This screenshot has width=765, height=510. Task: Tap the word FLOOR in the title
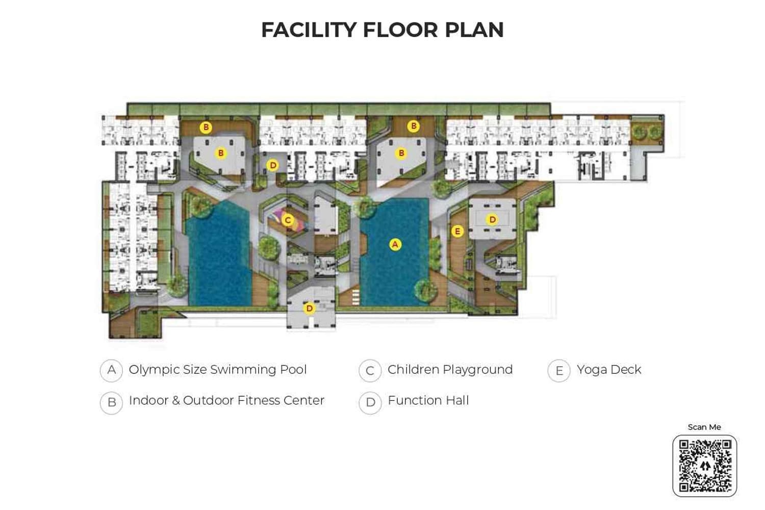[400, 30]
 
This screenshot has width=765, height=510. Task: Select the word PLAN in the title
[474, 30]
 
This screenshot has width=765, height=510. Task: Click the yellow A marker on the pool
[395, 245]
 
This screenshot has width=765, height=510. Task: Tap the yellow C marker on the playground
[288, 220]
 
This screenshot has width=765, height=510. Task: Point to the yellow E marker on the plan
[457, 232]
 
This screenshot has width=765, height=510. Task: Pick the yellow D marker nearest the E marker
[492, 220]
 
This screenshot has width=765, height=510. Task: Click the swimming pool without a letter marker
[219, 255]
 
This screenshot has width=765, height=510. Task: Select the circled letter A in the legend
[111, 370]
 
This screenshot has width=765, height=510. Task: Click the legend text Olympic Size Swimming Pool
[218, 370]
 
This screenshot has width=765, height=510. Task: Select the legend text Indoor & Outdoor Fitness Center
[226, 401]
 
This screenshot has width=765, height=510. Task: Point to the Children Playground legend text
[450, 370]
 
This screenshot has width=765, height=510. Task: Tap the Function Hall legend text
[428, 401]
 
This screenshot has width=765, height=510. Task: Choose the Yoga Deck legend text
[609, 370]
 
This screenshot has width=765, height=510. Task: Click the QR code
[705, 466]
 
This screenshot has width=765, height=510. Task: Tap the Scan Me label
[704, 427]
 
